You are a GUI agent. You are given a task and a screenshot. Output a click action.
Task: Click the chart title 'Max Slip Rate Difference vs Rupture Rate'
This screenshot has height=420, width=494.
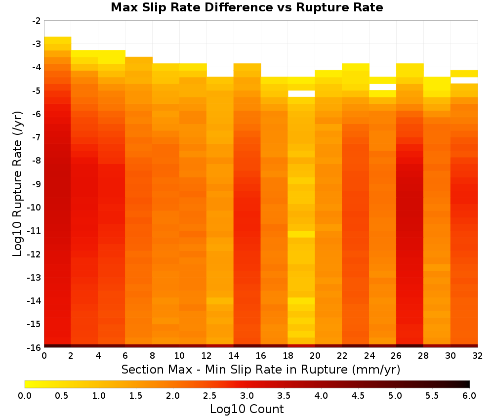pyautogui.click(x=247, y=7)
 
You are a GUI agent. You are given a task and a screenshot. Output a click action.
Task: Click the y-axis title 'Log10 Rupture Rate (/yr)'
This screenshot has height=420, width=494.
pyautogui.click(x=18, y=184)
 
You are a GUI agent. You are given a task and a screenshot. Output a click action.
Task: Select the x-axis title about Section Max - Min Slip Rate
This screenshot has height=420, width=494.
pyautogui.click(x=260, y=369)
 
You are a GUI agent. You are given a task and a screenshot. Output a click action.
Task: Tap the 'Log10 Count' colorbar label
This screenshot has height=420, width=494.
pyautogui.click(x=247, y=409)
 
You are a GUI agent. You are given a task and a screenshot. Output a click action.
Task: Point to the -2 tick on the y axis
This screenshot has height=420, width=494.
pyautogui.click(x=37, y=21)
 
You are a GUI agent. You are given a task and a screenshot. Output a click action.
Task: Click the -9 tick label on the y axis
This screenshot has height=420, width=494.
pyautogui.click(x=37, y=184)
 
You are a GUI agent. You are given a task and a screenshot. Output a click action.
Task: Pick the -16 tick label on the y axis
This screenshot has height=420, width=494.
pyautogui.click(x=35, y=347)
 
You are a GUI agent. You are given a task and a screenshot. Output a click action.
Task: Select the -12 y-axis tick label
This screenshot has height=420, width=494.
pyautogui.click(x=35, y=254)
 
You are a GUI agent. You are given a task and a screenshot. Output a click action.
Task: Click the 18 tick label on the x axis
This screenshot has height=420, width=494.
pyautogui.click(x=288, y=356)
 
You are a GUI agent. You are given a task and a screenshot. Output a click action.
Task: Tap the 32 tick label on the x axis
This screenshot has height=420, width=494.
pyautogui.click(x=478, y=356)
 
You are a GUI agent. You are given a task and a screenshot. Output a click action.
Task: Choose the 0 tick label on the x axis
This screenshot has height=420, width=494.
pyautogui.click(x=44, y=356)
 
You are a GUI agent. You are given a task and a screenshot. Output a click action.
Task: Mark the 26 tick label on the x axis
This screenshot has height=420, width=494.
pyautogui.click(x=396, y=356)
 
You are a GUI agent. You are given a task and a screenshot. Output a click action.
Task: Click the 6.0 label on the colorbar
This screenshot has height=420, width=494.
pyautogui.click(x=469, y=395)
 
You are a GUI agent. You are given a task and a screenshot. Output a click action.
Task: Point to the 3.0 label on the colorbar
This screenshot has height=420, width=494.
pyautogui.click(x=247, y=395)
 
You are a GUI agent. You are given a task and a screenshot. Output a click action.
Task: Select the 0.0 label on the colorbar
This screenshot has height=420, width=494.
pyautogui.click(x=25, y=395)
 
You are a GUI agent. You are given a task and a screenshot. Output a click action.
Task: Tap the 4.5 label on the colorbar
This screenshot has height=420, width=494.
pyautogui.click(x=358, y=395)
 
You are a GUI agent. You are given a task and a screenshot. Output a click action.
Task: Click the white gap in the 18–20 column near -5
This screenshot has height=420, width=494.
pyautogui.click(x=301, y=93)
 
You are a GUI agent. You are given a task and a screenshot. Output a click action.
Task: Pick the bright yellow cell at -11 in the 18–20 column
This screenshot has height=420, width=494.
pyautogui.click(x=301, y=234)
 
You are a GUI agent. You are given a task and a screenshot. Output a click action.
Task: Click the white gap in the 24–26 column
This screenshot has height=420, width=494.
pyautogui.click(x=382, y=87)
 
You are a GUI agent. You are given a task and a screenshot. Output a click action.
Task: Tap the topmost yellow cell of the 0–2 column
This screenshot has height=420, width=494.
pyautogui.click(x=58, y=40)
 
